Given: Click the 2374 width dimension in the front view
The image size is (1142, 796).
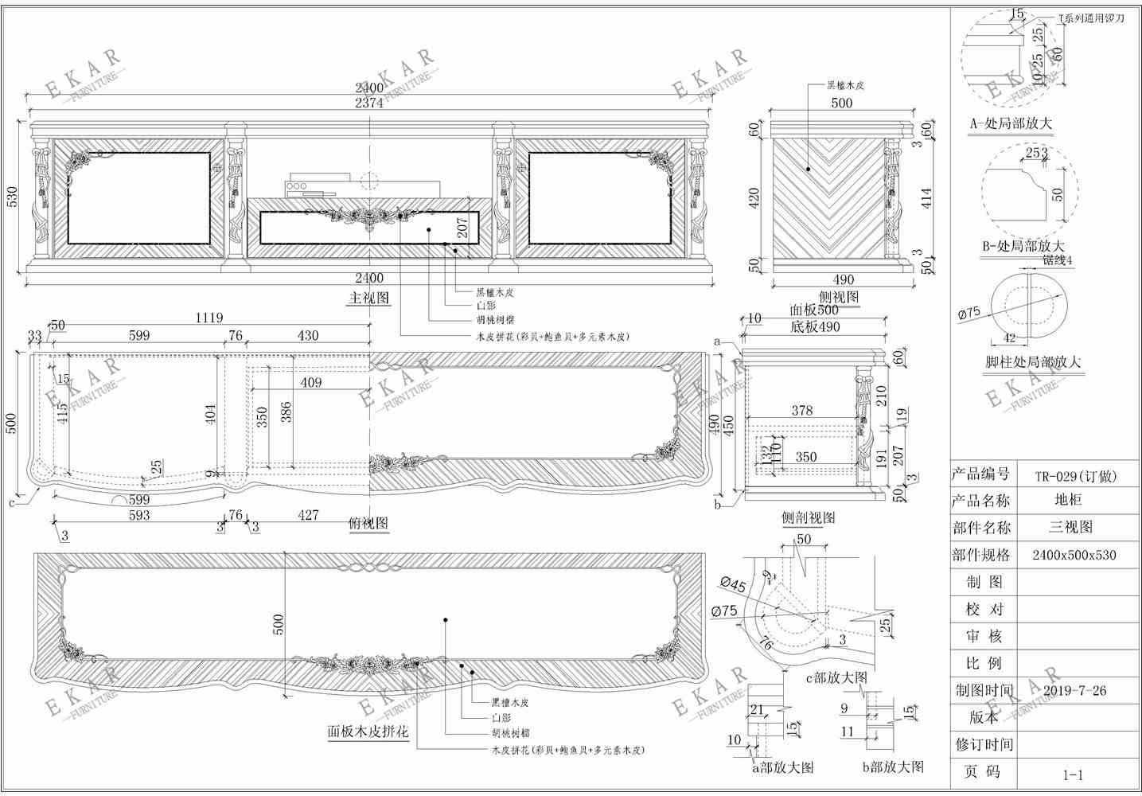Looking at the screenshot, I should [368, 103].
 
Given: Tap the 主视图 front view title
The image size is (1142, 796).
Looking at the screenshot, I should [368, 298].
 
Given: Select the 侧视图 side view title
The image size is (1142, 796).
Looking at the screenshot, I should [838, 297].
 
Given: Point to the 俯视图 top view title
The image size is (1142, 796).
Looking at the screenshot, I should [368, 524].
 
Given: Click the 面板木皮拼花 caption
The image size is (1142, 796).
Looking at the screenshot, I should [368, 732].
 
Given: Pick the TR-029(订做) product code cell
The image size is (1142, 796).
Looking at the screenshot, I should [1075, 477].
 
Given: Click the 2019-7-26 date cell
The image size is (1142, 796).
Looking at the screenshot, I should [1074, 691].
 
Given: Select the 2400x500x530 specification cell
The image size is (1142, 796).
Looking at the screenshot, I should [1074, 555].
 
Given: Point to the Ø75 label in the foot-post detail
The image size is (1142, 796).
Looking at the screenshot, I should [969, 314].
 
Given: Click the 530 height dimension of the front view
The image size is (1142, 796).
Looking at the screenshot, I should [12, 197].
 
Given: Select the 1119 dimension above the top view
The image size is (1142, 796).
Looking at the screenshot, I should [209, 318].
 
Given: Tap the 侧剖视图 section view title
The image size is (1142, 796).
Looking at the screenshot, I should [808, 518].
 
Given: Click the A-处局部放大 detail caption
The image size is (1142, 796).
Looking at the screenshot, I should [1010, 124].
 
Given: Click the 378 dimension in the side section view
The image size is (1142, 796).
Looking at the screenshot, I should [801, 411].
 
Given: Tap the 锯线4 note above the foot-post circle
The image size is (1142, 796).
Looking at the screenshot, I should [1057, 260].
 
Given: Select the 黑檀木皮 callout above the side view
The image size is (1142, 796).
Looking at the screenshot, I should [844, 85].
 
